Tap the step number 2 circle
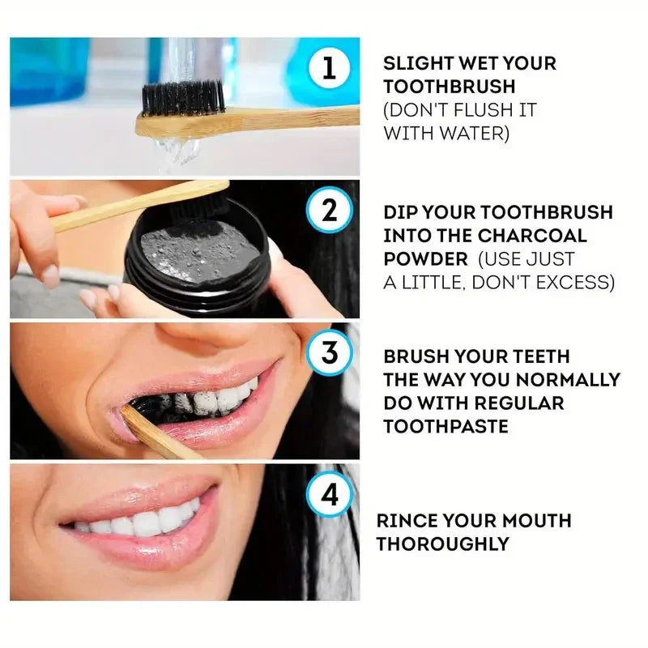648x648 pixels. [329, 211]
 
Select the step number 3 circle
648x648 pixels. [329, 354]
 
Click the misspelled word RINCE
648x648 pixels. [406, 520]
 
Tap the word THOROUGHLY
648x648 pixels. [442, 544]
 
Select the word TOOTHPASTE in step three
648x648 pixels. [446, 426]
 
